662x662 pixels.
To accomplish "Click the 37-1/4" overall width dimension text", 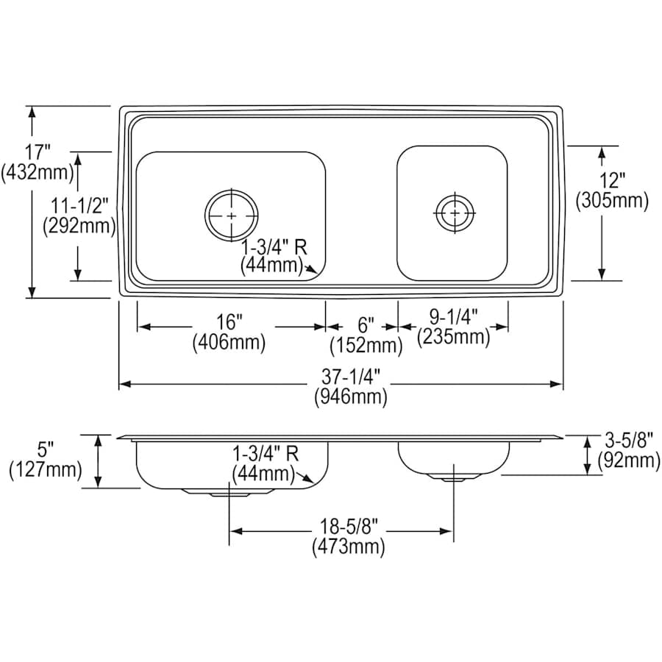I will [x=350, y=377].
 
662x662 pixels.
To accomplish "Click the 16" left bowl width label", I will [x=229, y=322].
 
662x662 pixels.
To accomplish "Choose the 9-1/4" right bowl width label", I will [x=453, y=317].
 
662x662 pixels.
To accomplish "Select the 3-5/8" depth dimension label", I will [x=627, y=441].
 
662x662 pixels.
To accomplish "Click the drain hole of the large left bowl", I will [x=232, y=216].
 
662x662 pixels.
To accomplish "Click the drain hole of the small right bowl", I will [x=455, y=213].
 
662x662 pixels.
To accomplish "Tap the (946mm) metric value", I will [x=350, y=398].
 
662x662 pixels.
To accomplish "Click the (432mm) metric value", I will [x=38, y=173].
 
